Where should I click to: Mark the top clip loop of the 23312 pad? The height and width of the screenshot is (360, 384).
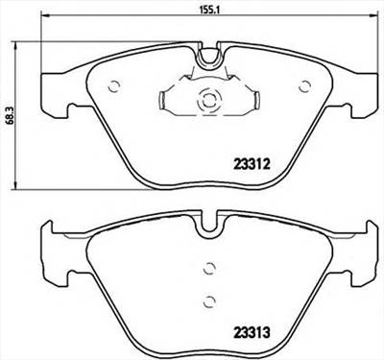pyautogui.click(x=209, y=60)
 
